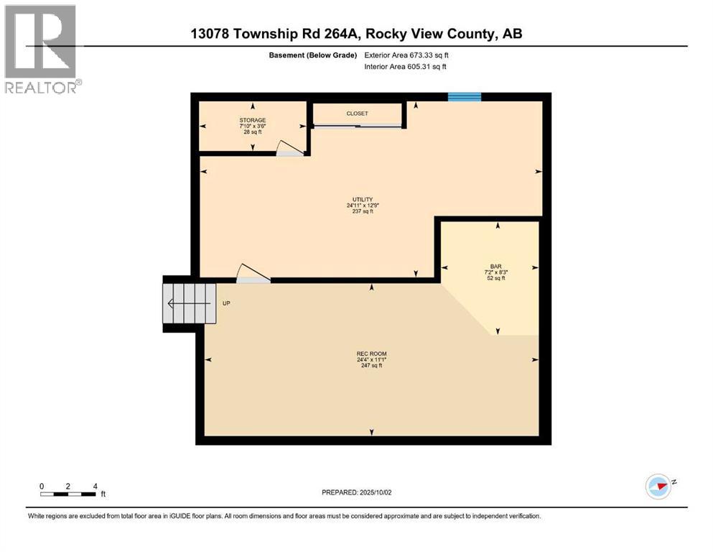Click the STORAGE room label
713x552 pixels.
pyautogui.click(x=253, y=120)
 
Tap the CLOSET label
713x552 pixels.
pyautogui.click(x=357, y=114)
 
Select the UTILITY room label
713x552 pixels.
pyautogui.click(x=362, y=199)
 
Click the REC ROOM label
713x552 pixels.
pyautogui.click(x=371, y=353)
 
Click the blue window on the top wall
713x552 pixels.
pyautogui.click(x=464, y=97)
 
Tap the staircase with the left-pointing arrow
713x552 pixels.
pyautogui.click(x=190, y=303)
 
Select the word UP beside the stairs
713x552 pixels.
pyautogui.click(x=226, y=303)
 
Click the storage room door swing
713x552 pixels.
pyautogui.click(x=289, y=148)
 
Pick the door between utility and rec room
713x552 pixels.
pyautogui.click(x=252, y=274)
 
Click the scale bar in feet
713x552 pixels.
pyautogui.click(x=69, y=493)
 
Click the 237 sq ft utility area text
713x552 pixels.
pyautogui.click(x=362, y=211)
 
